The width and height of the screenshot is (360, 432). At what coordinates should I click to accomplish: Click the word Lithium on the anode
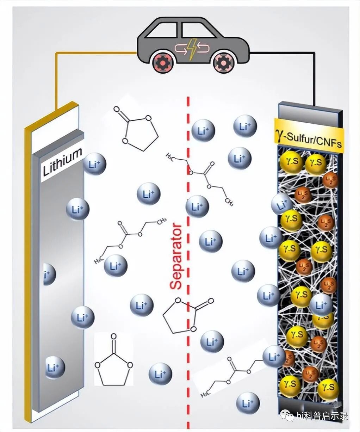pos(62,162)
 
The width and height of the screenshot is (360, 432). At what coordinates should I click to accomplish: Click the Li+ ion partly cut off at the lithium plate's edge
pos(49,274)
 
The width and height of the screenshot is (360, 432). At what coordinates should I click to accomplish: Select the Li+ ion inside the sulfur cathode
pos(321,305)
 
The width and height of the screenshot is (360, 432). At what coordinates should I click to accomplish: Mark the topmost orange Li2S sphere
pos(330,180)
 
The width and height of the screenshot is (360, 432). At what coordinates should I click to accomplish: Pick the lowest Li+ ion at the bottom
pos(248,403)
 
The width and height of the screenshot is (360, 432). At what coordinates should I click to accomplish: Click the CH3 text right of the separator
pos(229,203)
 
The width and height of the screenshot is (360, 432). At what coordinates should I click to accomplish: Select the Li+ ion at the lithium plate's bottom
pos(54,368)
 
